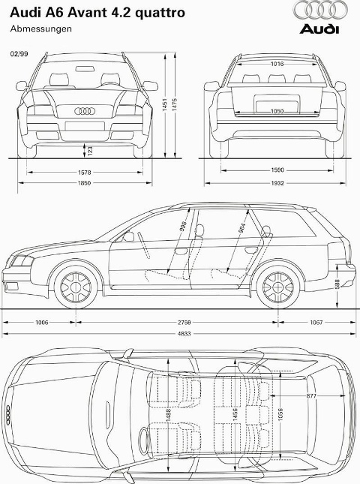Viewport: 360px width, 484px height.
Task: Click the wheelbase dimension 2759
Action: point(184,322)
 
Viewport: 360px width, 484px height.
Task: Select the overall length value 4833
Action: point(184,334)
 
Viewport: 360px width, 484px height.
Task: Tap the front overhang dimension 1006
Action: point(42,322)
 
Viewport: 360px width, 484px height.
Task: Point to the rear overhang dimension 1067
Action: point(316,322)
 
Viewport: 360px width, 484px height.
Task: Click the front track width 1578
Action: point(84,173)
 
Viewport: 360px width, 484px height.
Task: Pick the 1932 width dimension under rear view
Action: point(277,183)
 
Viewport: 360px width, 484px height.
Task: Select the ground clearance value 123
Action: point(90,151)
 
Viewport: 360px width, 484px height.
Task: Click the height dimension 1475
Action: point(175,105)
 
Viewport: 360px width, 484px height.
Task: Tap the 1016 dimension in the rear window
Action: point(277,64)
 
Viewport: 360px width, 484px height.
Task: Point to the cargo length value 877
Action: point(311,395)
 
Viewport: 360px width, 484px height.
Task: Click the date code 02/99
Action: point(19,54)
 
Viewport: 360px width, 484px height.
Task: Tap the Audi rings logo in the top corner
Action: point(319,10)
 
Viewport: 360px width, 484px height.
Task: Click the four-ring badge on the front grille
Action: point(85,111)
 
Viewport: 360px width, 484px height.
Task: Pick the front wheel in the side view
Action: point(76,287)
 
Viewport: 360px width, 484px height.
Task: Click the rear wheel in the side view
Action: point(278,287)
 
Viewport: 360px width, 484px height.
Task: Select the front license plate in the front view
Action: point(85,125)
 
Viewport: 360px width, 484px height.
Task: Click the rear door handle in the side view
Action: point(251,250)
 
